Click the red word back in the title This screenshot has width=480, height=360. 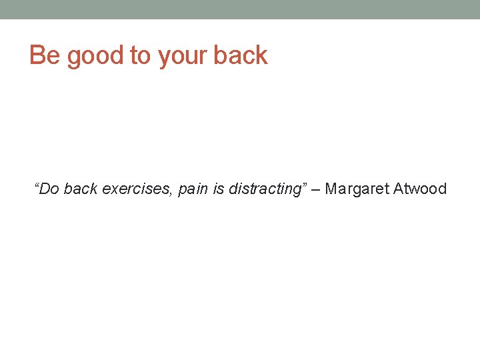(240, 55)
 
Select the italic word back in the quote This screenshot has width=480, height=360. (81, 189)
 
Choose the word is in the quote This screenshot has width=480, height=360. (219, 189)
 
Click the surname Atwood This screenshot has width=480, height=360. (420, 189)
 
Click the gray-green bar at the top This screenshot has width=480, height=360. (240, 9)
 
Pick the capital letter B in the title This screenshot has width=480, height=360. (37, 55)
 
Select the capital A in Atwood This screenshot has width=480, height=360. (399, 189)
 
